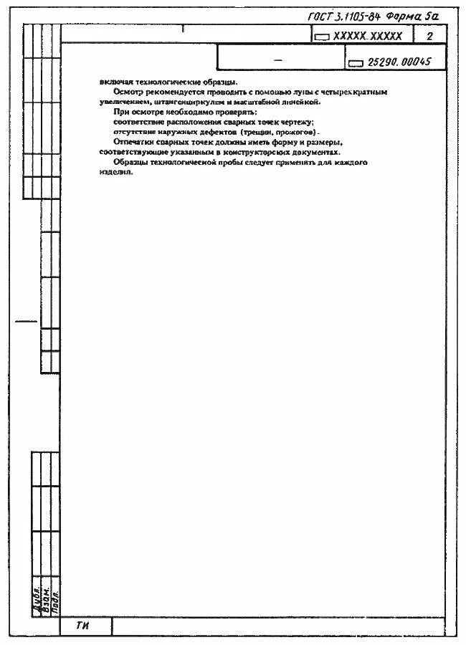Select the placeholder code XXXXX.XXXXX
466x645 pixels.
[368, 36]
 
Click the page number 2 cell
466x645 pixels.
[429, 36]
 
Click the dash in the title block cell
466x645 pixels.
[278, 60]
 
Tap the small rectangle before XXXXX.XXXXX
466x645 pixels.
[322, 37]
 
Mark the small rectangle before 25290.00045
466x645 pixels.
[356, 63]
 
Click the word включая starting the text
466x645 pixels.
[113, 82]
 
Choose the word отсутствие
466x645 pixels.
[127, 133]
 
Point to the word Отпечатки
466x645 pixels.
[134, 142]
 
